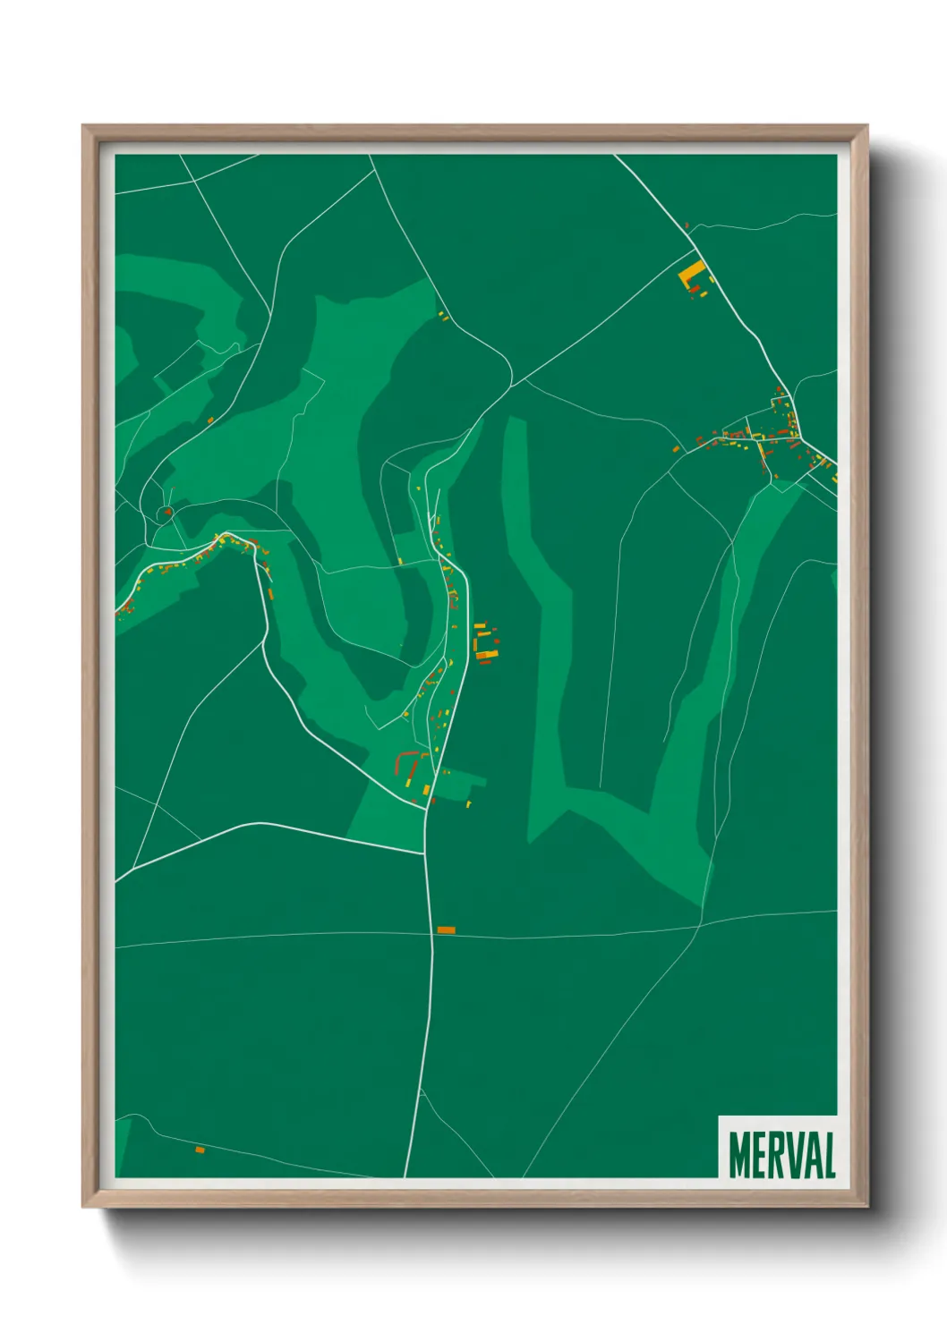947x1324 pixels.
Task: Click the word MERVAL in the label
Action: point(781,1155)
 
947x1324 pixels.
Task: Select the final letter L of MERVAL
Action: point(829,1155)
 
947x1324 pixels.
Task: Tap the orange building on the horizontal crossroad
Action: point(446,930)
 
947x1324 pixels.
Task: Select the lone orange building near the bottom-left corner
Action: point(200,1150)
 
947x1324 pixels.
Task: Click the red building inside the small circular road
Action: point(166,513)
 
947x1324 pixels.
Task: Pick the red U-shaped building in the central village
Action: point(409,761)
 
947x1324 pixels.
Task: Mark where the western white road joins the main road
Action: point(424,853)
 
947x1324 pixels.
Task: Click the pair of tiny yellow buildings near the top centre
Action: point(442,316)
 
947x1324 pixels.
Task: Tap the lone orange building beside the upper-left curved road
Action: point(210,420)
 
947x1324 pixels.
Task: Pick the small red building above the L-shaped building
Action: point(687,226)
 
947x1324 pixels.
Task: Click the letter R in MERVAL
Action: point(775,1155)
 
